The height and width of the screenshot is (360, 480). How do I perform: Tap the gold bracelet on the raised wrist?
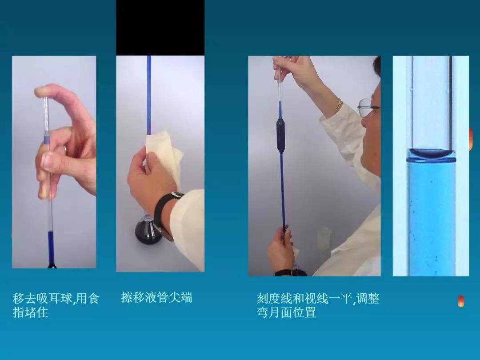coord(339,106)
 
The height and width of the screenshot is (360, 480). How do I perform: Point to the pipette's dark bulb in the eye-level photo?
coord(281,134)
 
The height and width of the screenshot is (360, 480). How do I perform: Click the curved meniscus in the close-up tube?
coord(431,155)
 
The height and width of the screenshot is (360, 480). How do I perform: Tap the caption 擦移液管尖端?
coord(156,297)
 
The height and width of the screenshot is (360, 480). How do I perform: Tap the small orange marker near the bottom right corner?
coord(461,301)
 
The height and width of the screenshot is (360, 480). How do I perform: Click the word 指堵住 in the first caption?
coord(30,312)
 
